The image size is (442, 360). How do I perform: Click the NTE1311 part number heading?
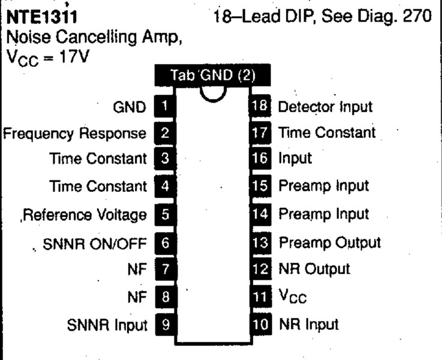[x=41, y=17]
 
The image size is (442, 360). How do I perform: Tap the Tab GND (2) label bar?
[x=212, y=75]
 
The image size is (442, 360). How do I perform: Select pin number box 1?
[x=165, y=106]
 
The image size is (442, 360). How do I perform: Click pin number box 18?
[x=260, y=106]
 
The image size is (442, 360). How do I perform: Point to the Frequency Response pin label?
[x=75, y=134]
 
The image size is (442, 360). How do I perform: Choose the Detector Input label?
[x=325, y=107]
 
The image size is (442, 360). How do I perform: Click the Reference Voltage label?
[x=85, y=215]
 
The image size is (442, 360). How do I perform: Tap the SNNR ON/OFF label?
[x=95, y=244]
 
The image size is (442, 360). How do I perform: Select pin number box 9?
[x=166, y=324]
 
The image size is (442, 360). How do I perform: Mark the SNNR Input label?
[x=107, y=325]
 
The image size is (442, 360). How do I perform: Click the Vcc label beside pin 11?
[x=293, y=296]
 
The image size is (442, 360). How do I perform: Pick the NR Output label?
[x=314, y=269]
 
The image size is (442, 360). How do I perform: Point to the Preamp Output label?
[x=330, y=243]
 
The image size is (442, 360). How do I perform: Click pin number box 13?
[x=260, y=243]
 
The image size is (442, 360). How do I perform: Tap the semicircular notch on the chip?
[x=213, y=95]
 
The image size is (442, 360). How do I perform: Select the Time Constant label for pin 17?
[x=327, y=133]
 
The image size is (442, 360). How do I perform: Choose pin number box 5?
[x=166, y=215]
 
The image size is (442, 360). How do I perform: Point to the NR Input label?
[x=309, y=324]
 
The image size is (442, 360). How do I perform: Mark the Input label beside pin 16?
[x=295, y=158]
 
